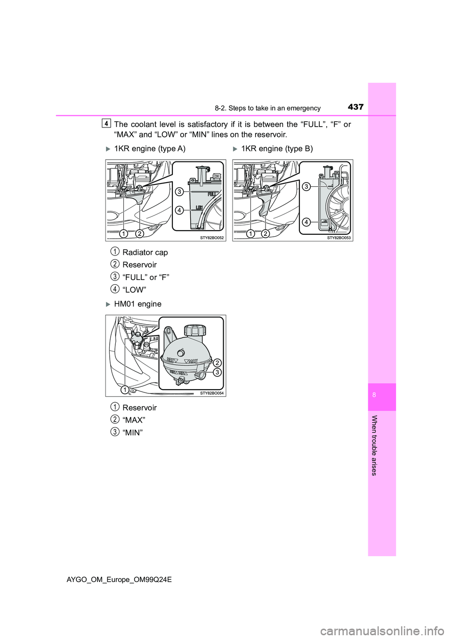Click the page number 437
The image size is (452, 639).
click(355, 107)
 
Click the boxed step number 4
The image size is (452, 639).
click(106, 123)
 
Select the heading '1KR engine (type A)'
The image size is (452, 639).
click(150, 149)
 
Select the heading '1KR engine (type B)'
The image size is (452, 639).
click(277, 149)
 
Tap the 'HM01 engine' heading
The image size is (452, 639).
click(137, 304)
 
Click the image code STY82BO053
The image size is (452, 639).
click(339, 238)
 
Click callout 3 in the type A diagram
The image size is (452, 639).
click(179, 192)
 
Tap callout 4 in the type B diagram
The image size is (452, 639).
click(306, 222)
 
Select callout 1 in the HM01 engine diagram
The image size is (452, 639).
click(125, 389)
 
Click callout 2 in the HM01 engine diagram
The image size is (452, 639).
click(217, 363)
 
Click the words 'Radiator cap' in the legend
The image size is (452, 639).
click(145, 253)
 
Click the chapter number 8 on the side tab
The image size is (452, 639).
click(374, 395)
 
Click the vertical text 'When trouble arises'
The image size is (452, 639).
click(374, 445)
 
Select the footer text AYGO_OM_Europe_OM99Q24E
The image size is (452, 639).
click(119, 580)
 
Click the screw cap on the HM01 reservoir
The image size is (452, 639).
click(194, 329)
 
